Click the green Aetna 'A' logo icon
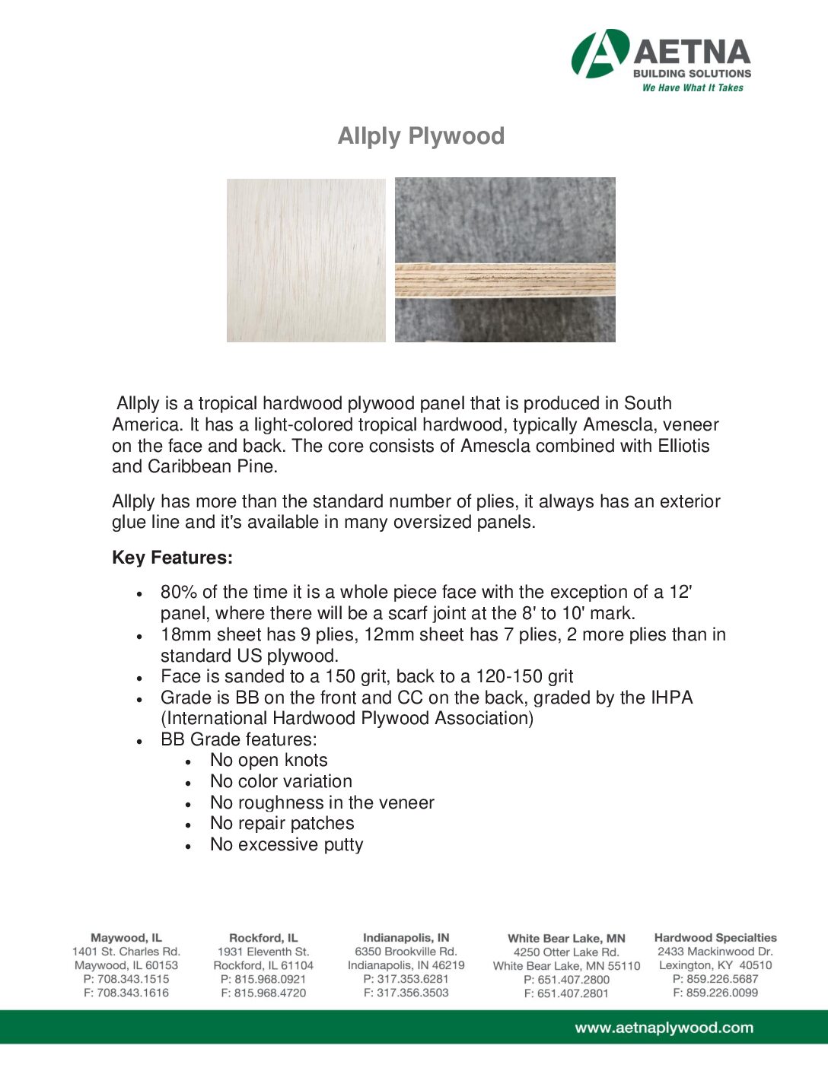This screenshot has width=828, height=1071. (600, 54)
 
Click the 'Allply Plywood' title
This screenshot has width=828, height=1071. (421, 136)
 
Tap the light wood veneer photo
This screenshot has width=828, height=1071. (306, 260)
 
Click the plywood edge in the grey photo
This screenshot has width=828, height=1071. (505, 281)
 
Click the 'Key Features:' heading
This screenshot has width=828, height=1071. (172, 558)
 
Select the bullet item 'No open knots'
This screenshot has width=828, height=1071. (269, 760)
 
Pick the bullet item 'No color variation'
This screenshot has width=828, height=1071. (281, 781)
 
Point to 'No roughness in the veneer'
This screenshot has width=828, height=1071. (322, 802)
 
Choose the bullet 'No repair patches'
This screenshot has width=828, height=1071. (282, 823)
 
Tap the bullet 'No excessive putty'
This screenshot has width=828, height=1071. (286, 844)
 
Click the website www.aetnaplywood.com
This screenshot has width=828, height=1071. (664, 1028)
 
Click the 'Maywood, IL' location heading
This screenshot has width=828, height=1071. (126, 938)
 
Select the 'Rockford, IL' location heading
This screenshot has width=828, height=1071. (263, 938)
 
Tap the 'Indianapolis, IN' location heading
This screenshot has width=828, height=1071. (406, 938)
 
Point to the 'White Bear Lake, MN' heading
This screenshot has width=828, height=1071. (566, 939)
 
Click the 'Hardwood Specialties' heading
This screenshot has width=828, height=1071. (715, 938)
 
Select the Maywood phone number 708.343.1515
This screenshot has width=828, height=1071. (126, 979)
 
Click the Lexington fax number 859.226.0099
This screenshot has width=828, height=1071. (715, 993)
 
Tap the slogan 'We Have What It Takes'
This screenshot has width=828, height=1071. (693, 88)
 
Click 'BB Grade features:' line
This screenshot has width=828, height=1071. (238, 739)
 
